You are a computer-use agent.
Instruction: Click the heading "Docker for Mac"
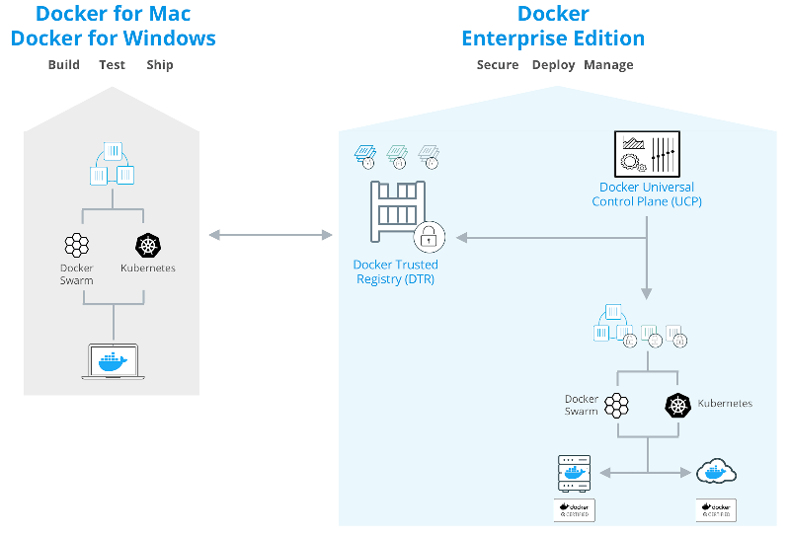113,14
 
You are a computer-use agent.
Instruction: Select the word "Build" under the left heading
65,65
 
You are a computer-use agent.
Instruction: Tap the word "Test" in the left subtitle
112,65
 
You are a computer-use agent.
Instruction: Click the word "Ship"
159,65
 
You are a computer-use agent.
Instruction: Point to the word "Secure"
498,65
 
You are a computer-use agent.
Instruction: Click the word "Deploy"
553,65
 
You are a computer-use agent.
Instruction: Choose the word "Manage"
608,65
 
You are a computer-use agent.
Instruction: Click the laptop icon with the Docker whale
114,361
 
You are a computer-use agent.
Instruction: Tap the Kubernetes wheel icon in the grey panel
147,246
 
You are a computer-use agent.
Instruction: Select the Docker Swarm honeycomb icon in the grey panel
76,246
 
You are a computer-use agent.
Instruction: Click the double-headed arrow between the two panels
271,235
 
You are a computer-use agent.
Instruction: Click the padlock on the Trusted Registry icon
430,237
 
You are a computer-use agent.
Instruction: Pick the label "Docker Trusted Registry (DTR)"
395,272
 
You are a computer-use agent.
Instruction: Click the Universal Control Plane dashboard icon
647,155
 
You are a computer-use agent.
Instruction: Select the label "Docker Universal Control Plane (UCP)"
647,194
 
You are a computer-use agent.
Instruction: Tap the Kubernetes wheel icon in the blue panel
678,404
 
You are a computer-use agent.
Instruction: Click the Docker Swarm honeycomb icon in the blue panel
617,404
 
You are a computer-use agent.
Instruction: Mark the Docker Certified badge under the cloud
716,510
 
